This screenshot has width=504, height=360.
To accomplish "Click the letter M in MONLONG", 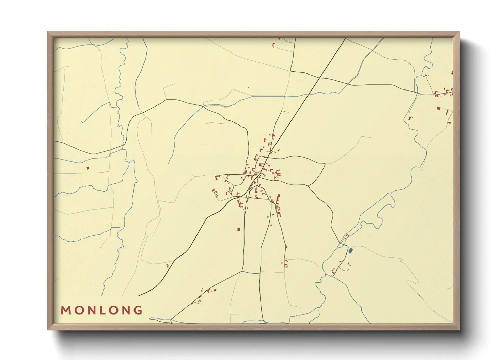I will coord(65,310).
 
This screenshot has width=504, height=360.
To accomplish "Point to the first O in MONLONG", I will coord(78,310).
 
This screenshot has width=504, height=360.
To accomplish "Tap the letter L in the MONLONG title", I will coord(102,310).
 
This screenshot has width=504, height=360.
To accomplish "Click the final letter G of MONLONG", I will coord(138,310).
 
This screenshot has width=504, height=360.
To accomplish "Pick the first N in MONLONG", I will coord(90,310).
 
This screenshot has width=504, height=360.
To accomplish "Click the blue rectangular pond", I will coord(350,251).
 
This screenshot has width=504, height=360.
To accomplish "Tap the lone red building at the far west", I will coord(88,168).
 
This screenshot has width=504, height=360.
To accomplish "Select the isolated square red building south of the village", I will coord(239,229).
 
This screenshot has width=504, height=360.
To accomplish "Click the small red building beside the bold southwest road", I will coord(167,266).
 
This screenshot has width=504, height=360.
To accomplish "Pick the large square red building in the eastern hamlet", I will coord(439,108).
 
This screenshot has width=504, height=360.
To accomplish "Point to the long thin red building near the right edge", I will coord(447,112).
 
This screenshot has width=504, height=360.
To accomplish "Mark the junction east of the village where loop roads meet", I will coord(308,185).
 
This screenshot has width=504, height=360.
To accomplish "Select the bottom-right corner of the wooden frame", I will coord(459,330).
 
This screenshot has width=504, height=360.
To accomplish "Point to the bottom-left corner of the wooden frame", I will coord(48,330).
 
